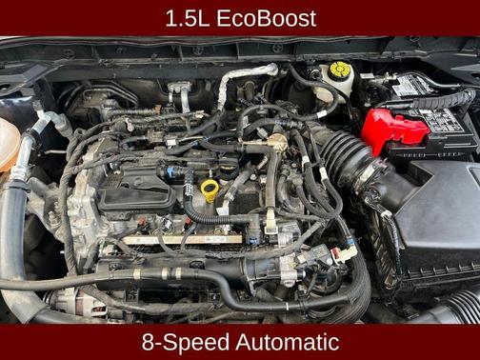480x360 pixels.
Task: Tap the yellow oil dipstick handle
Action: (x=210, y=190)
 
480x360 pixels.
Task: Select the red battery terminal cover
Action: (x=393, y=130)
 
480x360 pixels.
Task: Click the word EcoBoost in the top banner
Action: (x=266, y=18)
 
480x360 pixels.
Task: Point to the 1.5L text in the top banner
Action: (x=188, y=18)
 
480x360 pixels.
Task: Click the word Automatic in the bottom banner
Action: (x=288, y=342)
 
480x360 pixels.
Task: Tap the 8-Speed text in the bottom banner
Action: (x=186, y=343)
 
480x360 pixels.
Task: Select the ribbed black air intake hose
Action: (x=345, y=159)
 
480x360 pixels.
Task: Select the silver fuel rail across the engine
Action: (x=183, y=240)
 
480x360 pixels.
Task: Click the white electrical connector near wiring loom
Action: (x=345, y=254)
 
